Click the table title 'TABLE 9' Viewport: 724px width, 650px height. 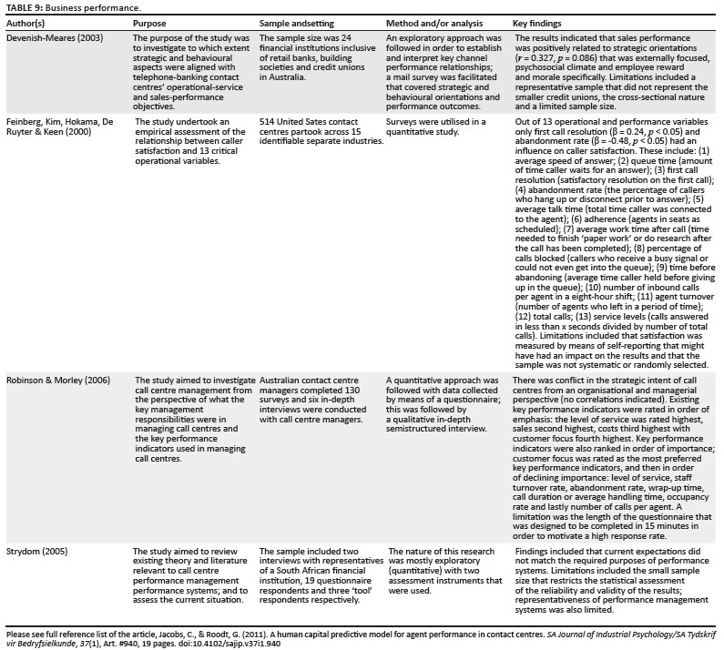pyautogui.click(x=21, y=5)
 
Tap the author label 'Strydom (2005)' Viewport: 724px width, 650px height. pyautogui.click(x=37, y=551)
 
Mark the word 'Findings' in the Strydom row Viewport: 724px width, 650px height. pyautogui.click(x=533, y=551)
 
